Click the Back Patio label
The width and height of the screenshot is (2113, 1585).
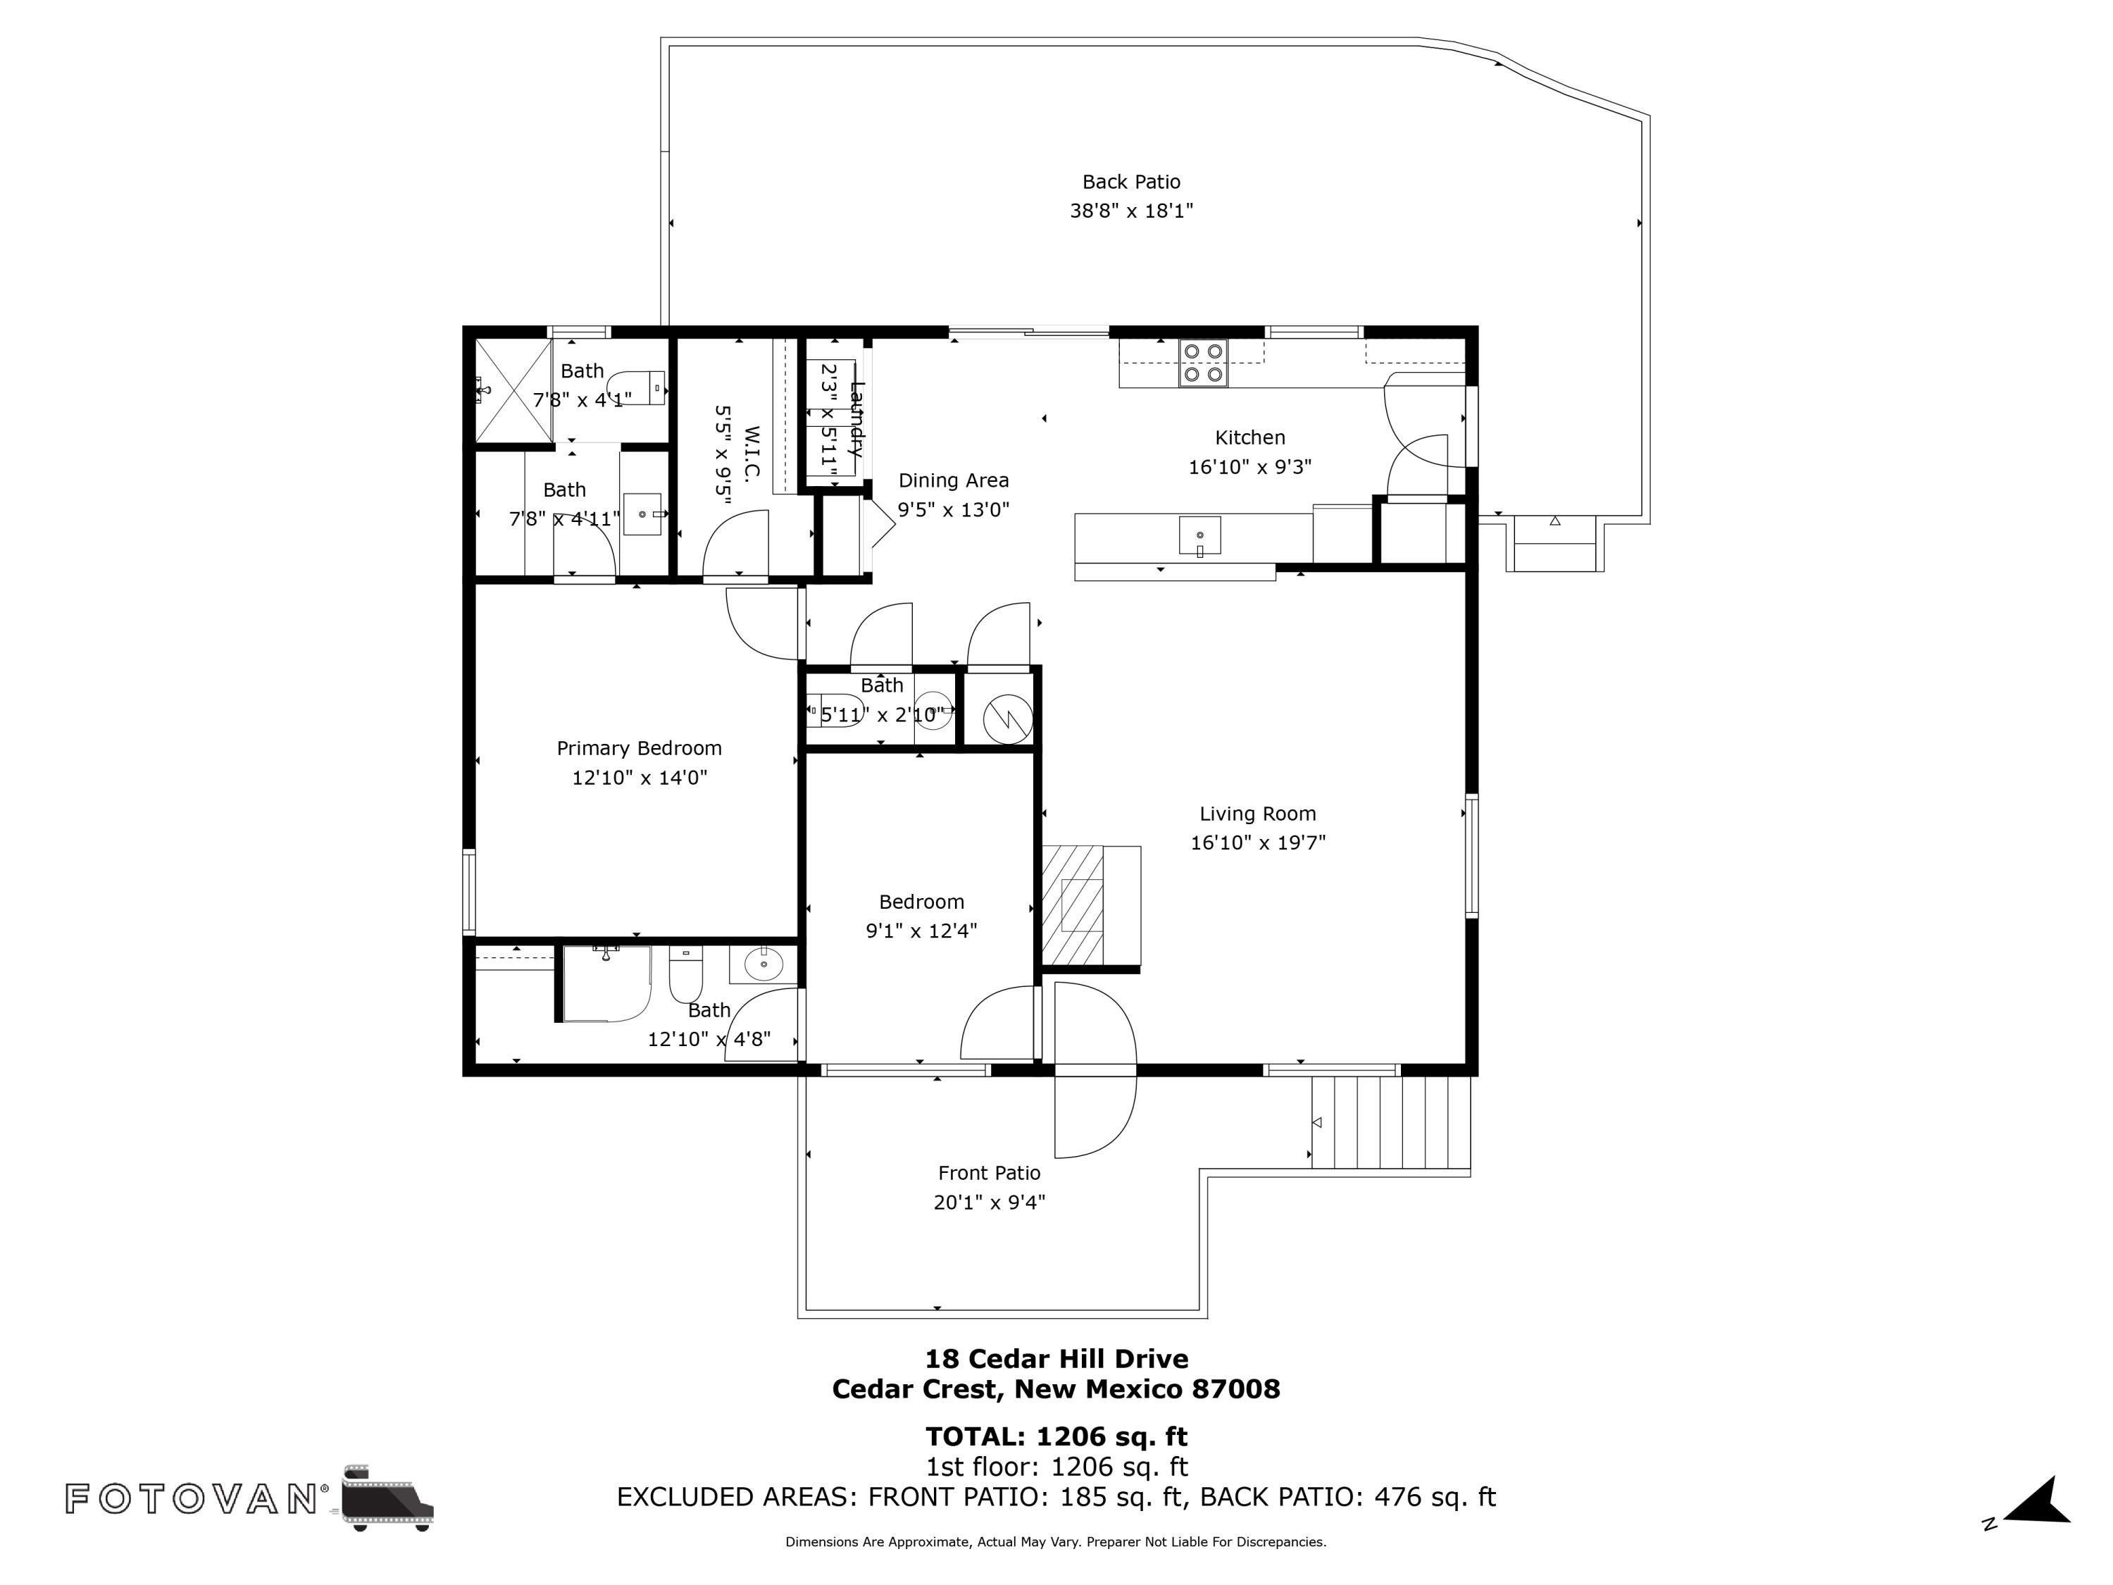[x=1131, y=182]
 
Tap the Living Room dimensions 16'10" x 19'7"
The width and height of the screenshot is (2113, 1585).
[x=1257, y=843]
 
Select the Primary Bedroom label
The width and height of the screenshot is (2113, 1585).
[x=639, y=748]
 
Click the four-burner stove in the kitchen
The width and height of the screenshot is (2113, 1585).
[x=1203, y=363]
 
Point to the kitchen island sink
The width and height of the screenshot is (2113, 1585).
[x=1199, y=535]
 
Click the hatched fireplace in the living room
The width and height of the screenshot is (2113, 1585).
[x=1073, y=905]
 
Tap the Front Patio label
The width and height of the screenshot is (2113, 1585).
[x=989, y=1172]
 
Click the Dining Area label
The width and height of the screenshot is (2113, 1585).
[x=954, y=480]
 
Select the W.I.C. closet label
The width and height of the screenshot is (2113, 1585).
[x=752, y=453]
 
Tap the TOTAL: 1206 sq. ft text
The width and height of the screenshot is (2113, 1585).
[x=1056, y=1436]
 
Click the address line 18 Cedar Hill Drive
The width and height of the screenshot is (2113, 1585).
[x=1056, y=1359]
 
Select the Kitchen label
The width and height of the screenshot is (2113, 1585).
[x=1249, y=437]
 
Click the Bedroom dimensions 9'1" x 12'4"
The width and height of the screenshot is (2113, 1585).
[x=921, y=931]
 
